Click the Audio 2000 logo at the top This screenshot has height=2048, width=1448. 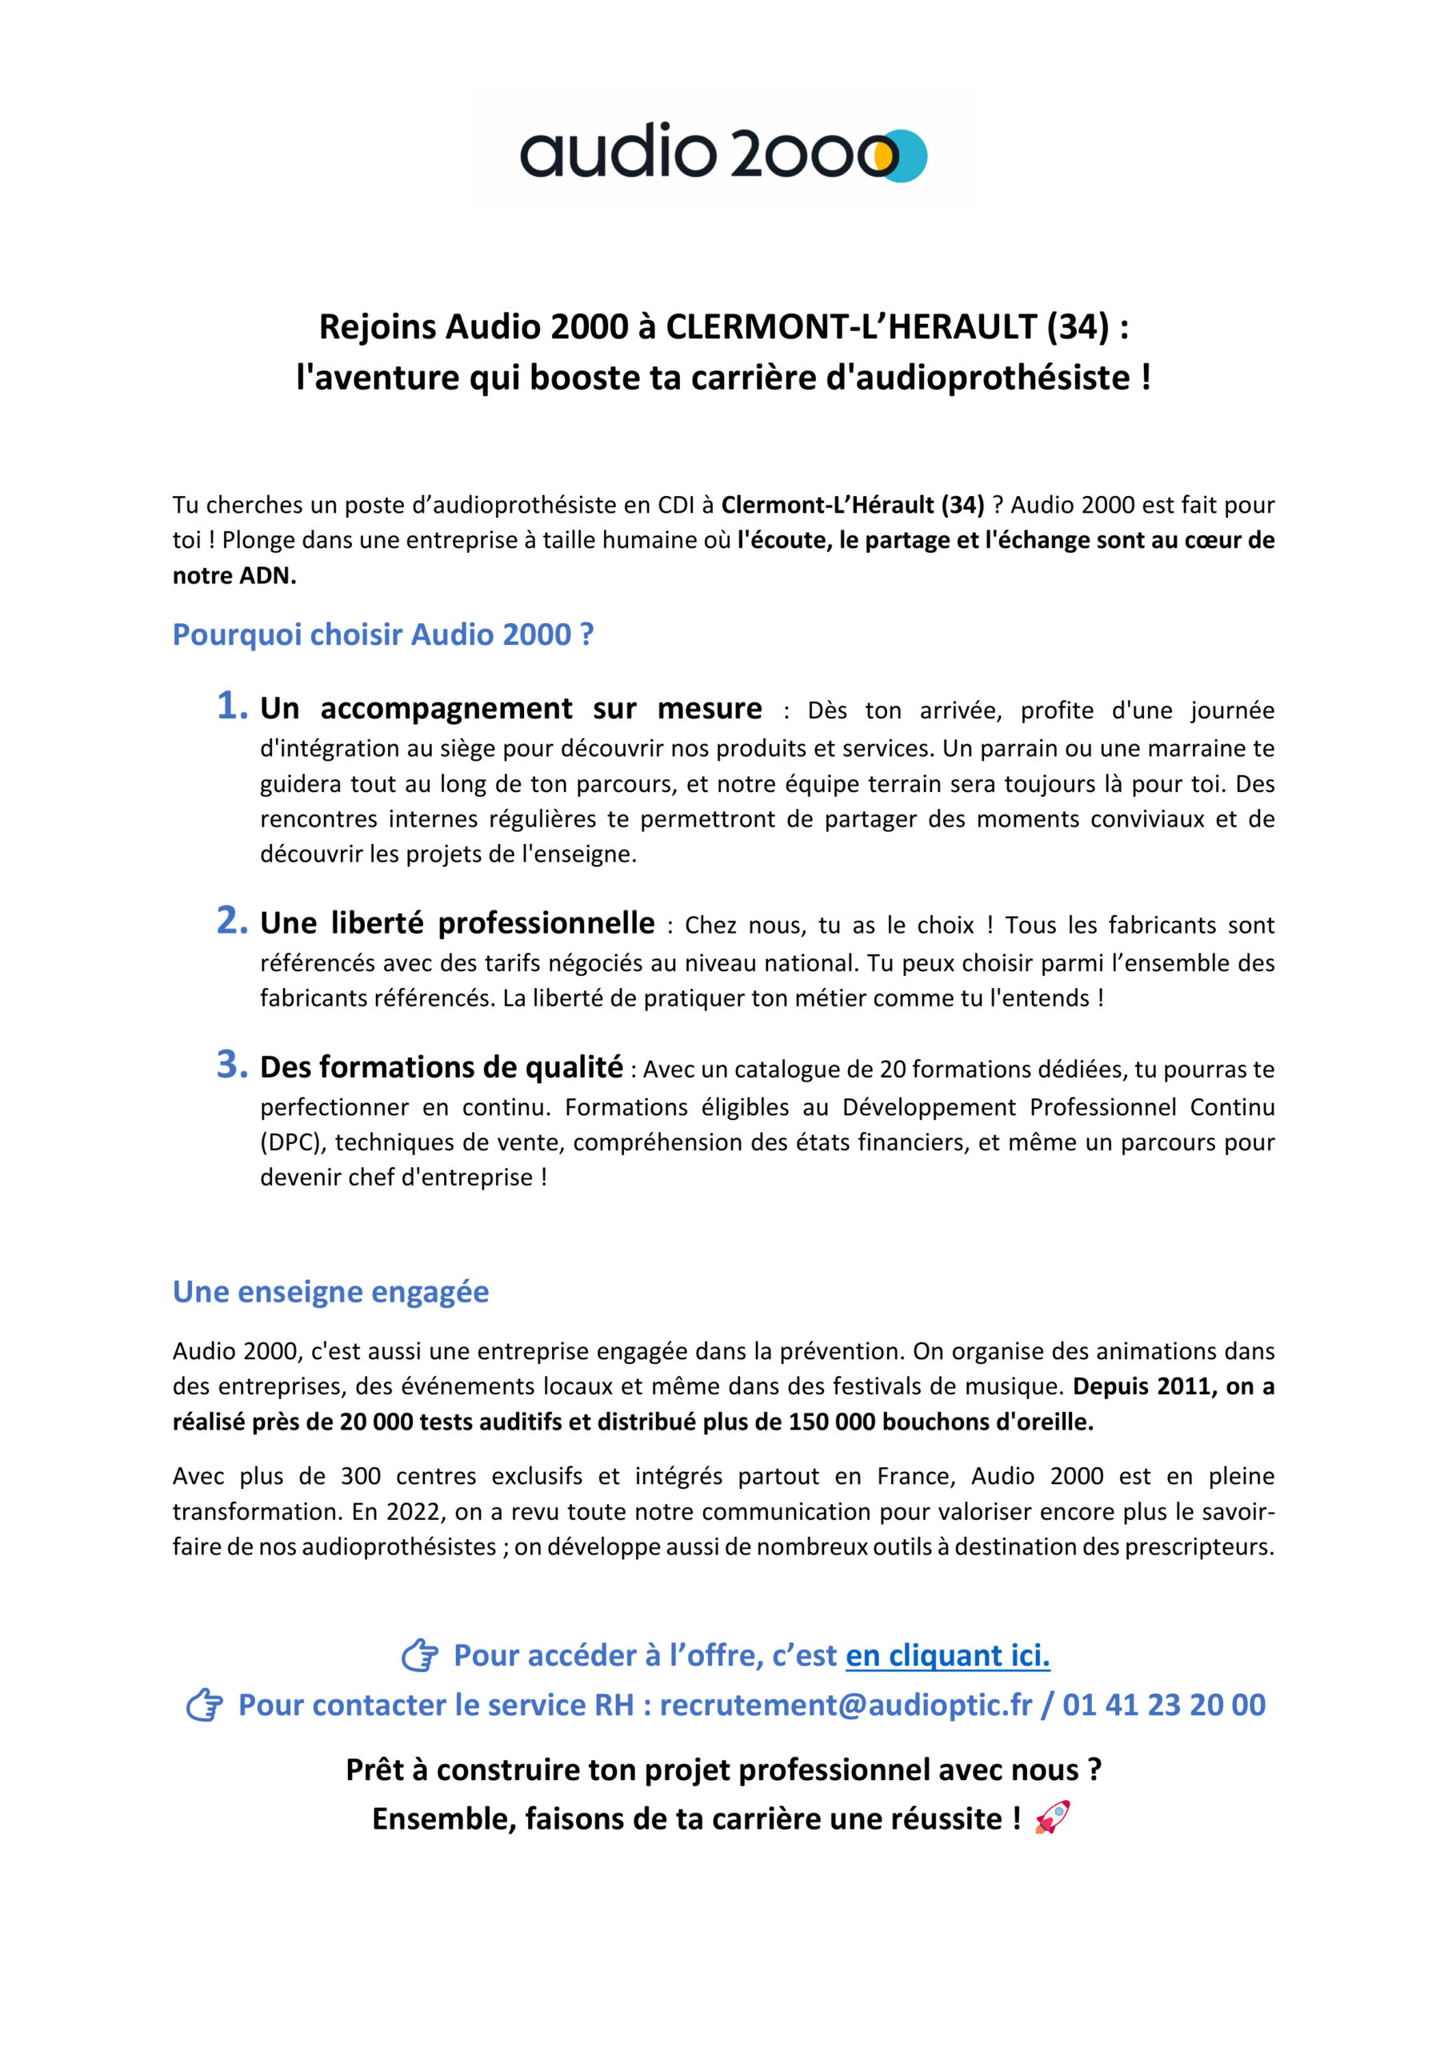point(722,153)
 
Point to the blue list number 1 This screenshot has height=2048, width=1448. point(231,706)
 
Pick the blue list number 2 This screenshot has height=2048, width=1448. point(231,921)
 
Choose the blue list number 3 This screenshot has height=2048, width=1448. point(231,1064)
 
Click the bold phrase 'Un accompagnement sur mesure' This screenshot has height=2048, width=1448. point(510,708)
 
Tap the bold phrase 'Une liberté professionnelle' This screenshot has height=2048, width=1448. point(457,923)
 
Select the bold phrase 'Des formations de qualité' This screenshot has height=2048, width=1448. point(441,1067)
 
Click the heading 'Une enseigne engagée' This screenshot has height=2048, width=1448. point(330,1291)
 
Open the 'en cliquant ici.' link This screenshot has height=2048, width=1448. point(947,1655)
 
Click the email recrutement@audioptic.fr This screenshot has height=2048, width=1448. point(845,1705)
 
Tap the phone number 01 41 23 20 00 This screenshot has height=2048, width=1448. point(1163,1705)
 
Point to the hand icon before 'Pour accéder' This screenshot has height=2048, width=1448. point(419,1655)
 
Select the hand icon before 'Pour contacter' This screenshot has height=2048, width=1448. point(204,1706)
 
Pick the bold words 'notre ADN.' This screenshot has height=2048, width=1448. point(234,575)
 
